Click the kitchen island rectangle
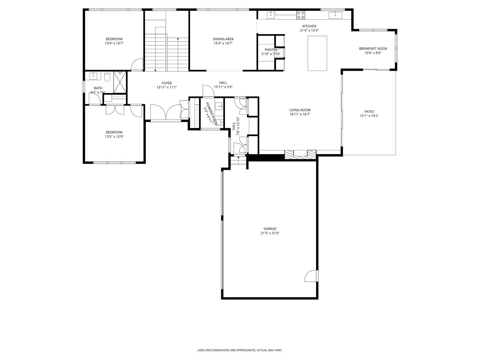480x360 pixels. pos(317,53)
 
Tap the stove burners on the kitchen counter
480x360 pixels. pos(300,15)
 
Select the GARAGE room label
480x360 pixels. pos(270,229)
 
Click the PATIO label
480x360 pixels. pos(369,111)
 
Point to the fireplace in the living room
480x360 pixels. pos(300,154)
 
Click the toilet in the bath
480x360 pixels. pos(107,77)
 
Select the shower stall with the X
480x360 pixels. pos(120,82)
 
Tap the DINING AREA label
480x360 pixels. pos(223,39)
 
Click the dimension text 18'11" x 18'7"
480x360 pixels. pos(300,114)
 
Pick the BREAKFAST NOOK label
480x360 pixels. pos(373,48)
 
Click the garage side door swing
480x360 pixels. pos(310,276)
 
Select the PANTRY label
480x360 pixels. pos(271,49)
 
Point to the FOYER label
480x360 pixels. pos(166,83)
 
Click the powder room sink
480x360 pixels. pos(219,107)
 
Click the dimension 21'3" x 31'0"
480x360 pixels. pos(270,233)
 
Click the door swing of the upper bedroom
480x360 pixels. pos(137,64)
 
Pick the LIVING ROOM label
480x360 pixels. pos(300,110)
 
